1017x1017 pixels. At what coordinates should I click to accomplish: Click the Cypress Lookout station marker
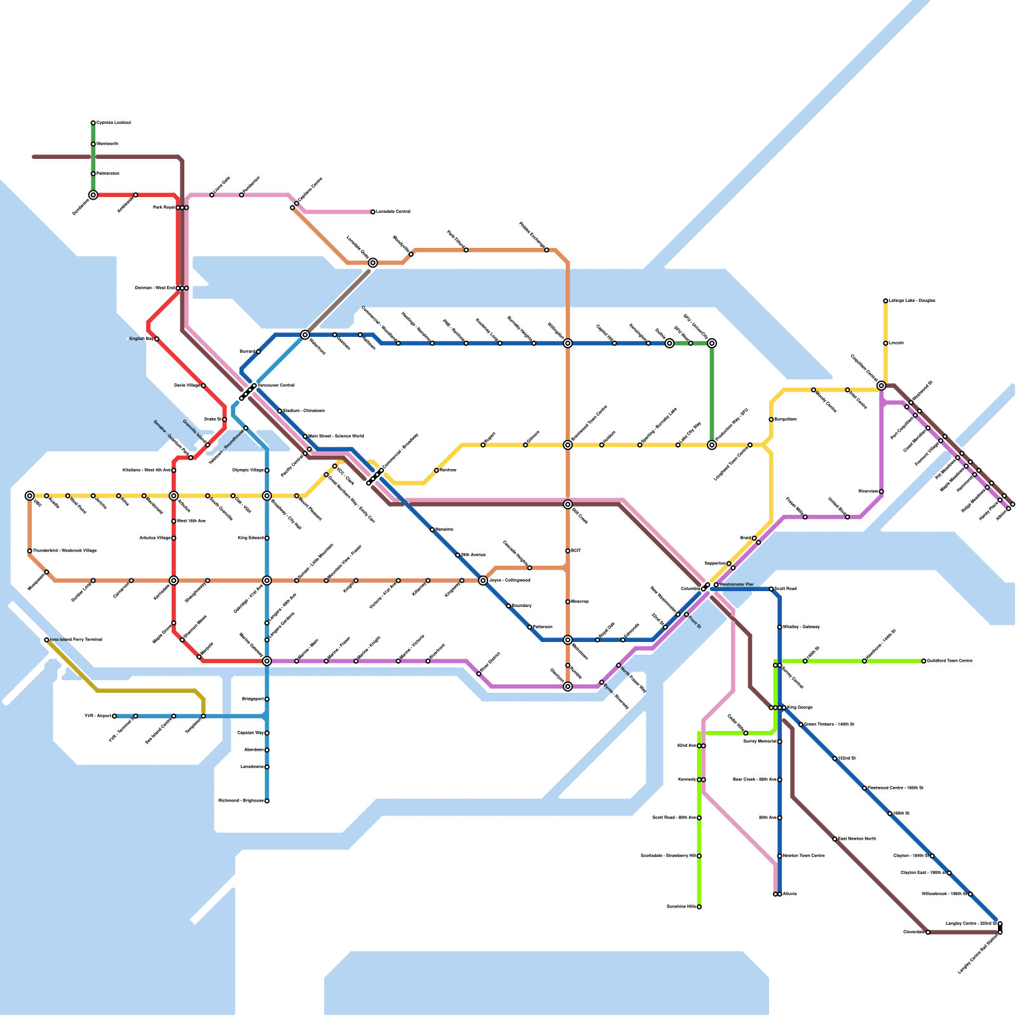[x=93, y=123]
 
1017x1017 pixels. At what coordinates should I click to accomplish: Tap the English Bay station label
[x=141, y=339]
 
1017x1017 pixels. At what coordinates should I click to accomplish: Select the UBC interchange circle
[x=30, y=496]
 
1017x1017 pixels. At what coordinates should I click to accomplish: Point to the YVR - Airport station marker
[x=114, y=716]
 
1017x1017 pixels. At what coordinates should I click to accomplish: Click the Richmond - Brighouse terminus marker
[x=267, y=801]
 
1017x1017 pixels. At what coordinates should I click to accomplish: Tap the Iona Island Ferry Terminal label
[x=75, y=640]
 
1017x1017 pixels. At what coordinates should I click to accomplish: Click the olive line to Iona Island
[x=146, y=690]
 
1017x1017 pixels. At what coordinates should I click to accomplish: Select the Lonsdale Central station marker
[x=373, y=212]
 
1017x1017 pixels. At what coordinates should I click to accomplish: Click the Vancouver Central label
[x=276, y=385]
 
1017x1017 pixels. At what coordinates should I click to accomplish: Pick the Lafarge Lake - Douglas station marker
[x=885, y=301]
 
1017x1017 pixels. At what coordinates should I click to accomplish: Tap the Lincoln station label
[x=896, y=343]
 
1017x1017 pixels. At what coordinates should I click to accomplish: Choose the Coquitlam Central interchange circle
[x=881, y=386]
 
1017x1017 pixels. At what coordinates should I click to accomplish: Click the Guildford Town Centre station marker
[x=924, y=661]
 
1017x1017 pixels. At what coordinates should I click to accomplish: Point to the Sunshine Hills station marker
[x=699, y=907]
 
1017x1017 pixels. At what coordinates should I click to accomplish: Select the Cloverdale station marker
[x=928, y=932]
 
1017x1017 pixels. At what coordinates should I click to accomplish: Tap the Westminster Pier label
[x=737, y=585]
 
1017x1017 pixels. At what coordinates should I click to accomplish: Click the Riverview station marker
[x=881, y=491]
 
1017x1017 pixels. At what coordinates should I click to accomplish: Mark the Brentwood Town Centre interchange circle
[x=568, y=445]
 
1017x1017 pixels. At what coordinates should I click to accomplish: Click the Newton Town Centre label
[x=804, y=856]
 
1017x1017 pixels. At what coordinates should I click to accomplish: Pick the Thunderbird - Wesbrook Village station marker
[x=30, y=551]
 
